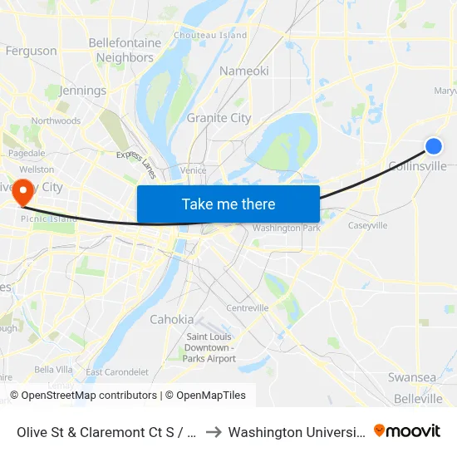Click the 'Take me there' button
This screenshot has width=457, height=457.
coord(228,204)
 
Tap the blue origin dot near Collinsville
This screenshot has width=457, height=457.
coord(434,146)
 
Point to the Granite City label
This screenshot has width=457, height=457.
coord(219,118)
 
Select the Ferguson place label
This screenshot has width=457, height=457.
coord(31,51)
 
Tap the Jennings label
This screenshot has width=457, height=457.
coord(83,91)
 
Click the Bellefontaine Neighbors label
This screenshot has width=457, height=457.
coord(125,50)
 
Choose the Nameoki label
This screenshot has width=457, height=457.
coord(243,71)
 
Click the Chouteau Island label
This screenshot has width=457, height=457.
coord(210,35)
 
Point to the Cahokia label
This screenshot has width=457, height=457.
coord(172,319)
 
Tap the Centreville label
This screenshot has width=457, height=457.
coord(248,307)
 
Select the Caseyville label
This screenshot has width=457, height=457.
coord(367,225)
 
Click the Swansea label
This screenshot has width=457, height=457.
coord(411,377)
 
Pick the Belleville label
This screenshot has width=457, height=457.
coord(418,399)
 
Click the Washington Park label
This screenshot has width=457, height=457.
coord(286,228)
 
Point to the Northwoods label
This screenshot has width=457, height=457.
coord(56,120)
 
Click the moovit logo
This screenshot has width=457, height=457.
coord(407,431)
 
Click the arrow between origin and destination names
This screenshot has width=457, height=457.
coord(211,432)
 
